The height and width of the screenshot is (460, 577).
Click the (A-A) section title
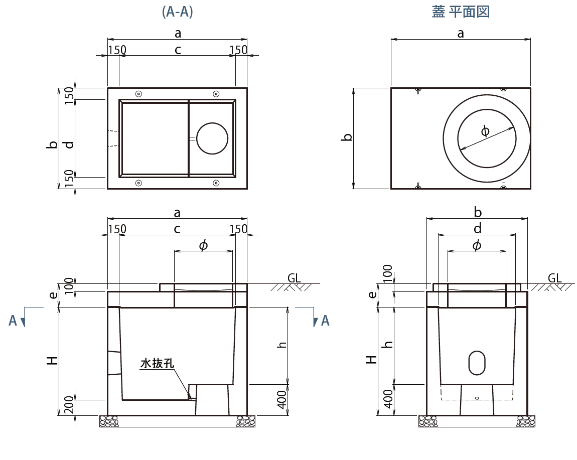coord(178,12)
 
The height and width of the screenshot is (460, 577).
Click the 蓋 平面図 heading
coord(461,12)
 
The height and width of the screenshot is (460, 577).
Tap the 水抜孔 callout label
coord(157,363)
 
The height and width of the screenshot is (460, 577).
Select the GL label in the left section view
coord(294,278)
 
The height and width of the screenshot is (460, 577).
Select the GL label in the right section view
coord(554,278)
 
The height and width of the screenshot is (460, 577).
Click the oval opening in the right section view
coord(477,363)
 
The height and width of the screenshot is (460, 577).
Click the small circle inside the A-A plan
coord(212,138)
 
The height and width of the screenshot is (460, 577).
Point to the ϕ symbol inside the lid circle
coord(485,131)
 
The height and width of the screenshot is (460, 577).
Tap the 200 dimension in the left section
coord(69,405)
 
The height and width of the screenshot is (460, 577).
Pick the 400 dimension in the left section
coord(281,400)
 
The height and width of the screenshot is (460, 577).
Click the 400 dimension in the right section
coord(388,399)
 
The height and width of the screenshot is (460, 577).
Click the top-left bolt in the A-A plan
coord(138,94)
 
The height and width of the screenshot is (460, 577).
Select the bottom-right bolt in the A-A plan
coord(216,183)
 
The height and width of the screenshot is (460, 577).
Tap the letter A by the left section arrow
coord(13,321)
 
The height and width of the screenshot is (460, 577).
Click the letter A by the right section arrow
coord(325,321)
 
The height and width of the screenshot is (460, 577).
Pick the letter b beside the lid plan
coord(347,137)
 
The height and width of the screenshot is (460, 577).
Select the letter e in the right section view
coord(372,294)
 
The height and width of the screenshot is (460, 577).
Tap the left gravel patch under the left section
coord(109,421)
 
